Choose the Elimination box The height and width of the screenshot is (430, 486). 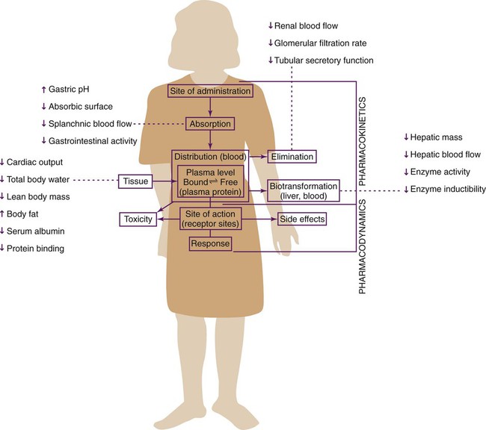click(292, 157)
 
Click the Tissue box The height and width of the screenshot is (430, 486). click(136, 180)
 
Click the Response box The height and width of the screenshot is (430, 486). click(210, 244)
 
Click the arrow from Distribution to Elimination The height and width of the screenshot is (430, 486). click(256, 157)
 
